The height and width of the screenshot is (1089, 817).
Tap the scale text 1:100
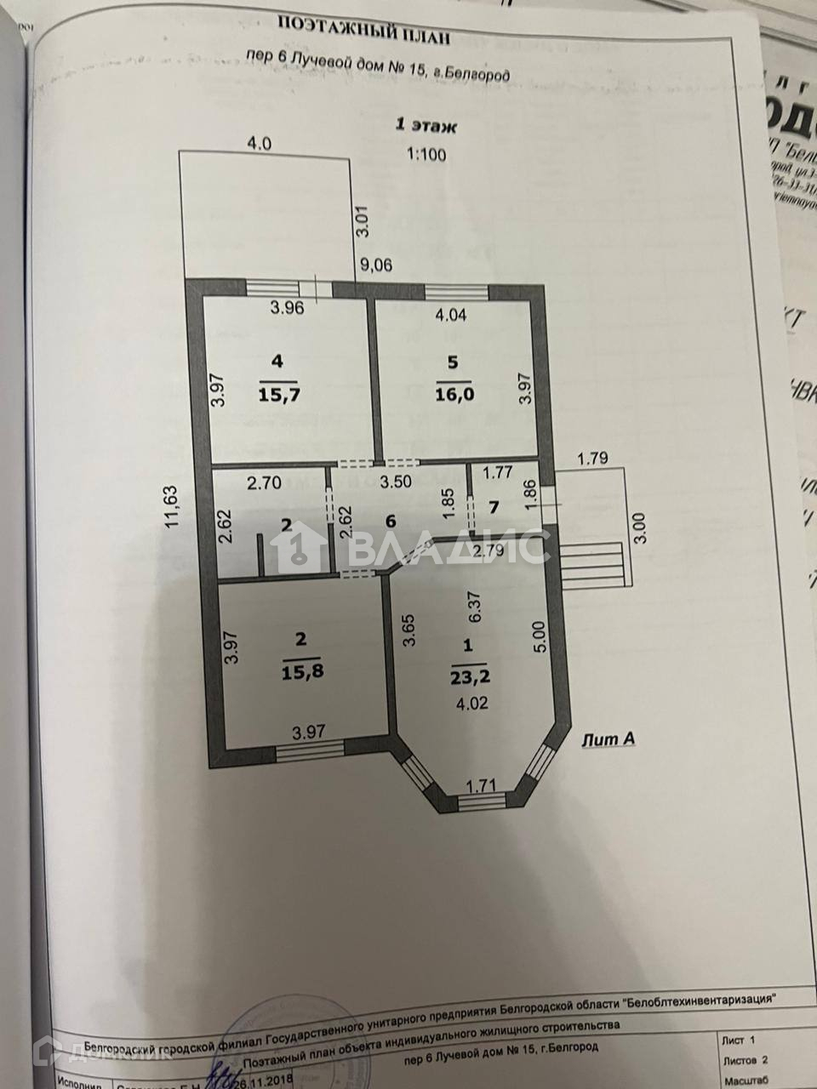pyautogui.click(x=426, y=155)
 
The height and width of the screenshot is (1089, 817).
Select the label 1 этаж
pyautogui.click(x=426, y=127)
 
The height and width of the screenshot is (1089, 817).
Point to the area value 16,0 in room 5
pyautogui.click(x=451, y=396)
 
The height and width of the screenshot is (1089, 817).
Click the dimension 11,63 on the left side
pyautogui.click(x=171, y=508)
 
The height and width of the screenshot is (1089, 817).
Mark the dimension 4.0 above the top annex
pyautogui.click(x=259, y=144)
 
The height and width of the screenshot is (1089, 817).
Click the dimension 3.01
pyautogui.click(x=361, y=220)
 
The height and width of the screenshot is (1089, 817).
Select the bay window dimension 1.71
pyautogui.click(x=482, y=786)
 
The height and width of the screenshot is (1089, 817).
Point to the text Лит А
pyautogui.click(x=608, y=739)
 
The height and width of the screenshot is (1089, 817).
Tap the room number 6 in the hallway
pyautogui.click(x=391, y=520)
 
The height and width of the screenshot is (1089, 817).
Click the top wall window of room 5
pyautogui.click(x=457, y=292)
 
